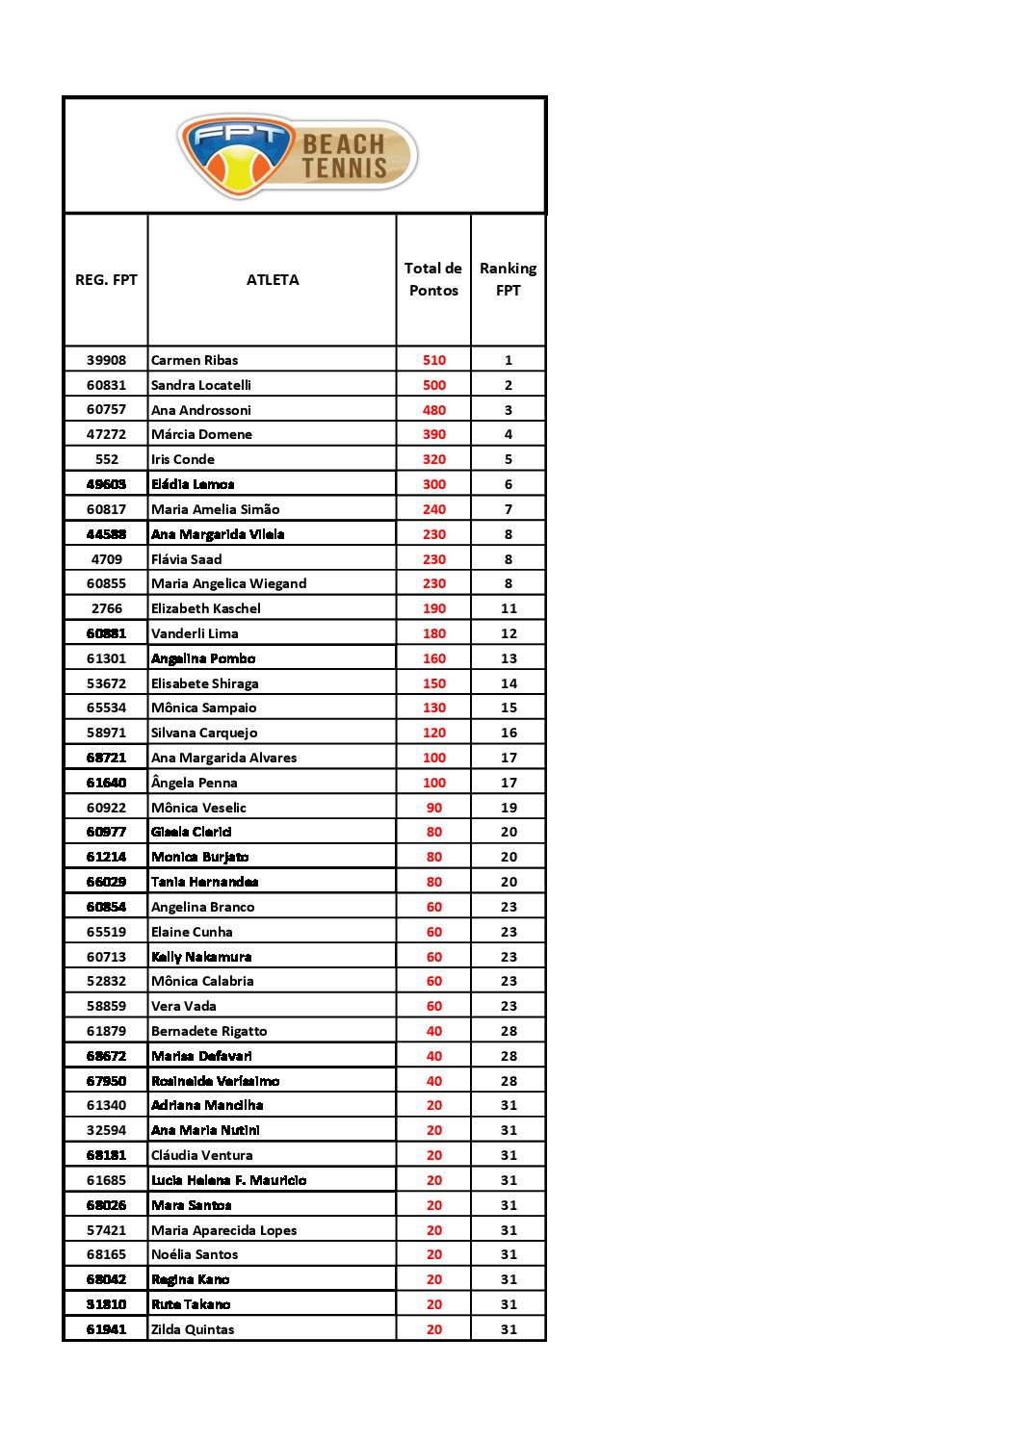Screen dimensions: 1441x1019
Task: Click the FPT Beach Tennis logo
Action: (298, 156)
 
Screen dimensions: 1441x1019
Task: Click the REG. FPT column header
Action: (106, 280)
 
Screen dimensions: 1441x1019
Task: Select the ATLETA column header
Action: (273, 280)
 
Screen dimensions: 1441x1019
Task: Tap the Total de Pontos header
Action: (433, 279)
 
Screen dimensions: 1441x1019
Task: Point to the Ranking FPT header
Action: (508, 279)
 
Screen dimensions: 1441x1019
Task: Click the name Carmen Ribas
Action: (195, 360)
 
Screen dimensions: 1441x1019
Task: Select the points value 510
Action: (434, 360)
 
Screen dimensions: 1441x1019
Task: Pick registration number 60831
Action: (106, 385)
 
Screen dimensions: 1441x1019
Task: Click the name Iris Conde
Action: (183, 459)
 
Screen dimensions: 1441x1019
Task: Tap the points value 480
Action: (434, 410)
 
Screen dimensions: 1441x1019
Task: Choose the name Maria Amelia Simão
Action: (216, 509)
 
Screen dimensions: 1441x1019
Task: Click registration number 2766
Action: (107, 608)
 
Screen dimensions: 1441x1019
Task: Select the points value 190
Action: (434, 608)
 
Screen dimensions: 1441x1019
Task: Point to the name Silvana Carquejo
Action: (204, 733)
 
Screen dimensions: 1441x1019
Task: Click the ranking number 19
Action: (509, 808)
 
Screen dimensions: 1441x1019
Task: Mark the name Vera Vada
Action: (184, 1006)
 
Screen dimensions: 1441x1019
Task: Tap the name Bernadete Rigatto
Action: (209, 1031)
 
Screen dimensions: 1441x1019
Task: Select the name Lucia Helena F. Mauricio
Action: (229, 1180)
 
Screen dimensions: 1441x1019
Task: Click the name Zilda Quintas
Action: (193, 1329)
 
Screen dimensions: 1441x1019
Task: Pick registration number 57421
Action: (106, 1230)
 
